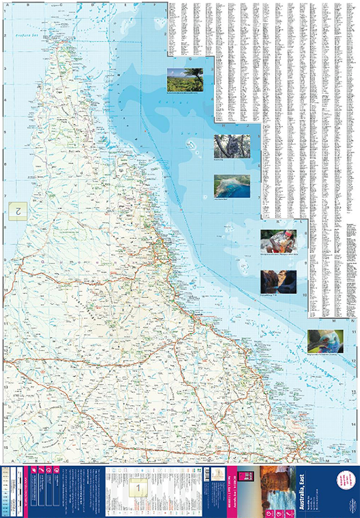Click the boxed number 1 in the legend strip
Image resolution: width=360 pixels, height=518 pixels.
(138, 487)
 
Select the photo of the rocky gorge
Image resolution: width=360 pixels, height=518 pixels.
(278, 281)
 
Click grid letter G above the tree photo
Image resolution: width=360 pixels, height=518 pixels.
(190, 59)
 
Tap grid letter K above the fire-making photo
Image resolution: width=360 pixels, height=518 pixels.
(278, 222)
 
